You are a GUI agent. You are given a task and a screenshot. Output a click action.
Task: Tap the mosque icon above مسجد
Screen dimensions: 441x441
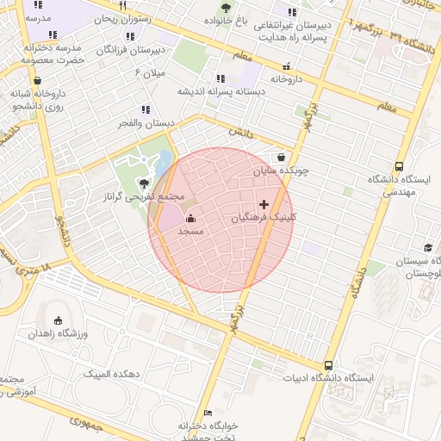pyautogui.click(x=190, y=218)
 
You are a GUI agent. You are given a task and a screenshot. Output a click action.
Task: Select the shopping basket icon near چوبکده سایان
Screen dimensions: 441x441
pyautogui.click(x=283, y=157)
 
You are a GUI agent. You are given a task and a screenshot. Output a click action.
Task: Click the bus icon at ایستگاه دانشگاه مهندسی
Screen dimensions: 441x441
pyautogui.click(x=398, y=166)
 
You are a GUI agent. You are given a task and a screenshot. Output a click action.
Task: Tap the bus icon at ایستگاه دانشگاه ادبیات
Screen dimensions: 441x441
pyautogui.click(x=328, y=365)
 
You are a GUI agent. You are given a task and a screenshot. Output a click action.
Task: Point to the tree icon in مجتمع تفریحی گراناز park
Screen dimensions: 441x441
pyautogui.click(x=144, y=183)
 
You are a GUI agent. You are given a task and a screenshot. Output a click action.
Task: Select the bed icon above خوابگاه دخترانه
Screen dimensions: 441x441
pyautogui.click(x=206, y=413)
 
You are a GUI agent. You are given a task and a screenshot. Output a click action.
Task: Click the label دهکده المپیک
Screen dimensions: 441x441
pyautogui.click(x=112, y=374)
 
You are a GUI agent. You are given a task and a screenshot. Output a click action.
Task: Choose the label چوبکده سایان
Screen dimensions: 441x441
pyautogui.click(x=280, y=171)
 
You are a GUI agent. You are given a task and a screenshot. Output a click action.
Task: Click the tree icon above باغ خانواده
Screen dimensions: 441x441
pyautogui.click(x=226, y=7)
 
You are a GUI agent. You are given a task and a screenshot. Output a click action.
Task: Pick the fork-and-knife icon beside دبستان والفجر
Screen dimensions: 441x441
pyautogui.click(x=146, y=109)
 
